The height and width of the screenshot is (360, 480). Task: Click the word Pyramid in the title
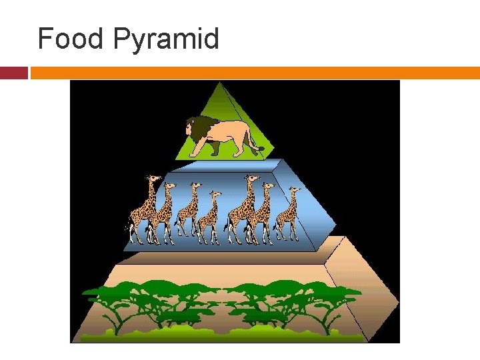(x=167, y=40)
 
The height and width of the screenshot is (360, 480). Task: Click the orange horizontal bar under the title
(x=253, y=73)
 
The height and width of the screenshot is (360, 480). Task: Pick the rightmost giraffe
(x=288, y=213)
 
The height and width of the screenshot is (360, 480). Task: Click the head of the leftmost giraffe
(x=154, y=179)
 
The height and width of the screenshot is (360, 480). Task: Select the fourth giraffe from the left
(x=209, y=217)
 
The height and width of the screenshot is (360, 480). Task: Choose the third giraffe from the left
(x=189, y=210)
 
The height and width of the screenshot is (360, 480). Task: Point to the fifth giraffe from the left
(x=241, y=210)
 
